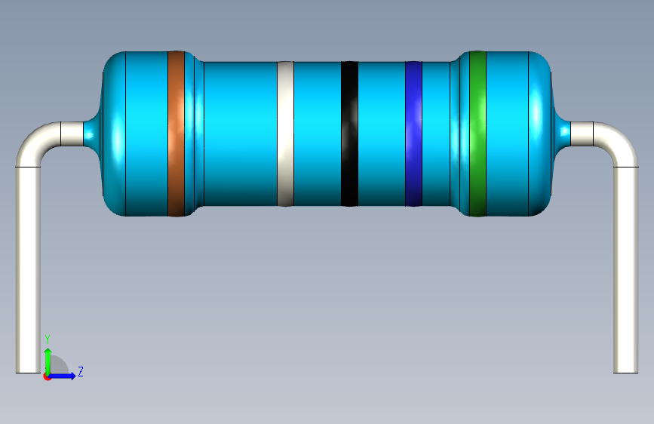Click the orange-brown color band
[x=176, y=134]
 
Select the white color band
[x=285, y=134]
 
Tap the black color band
[x=349, y=134]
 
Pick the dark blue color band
[x=413, y=134]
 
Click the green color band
[x=477, y=134]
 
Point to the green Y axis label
[x=48, y=339]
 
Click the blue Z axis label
[x=80, y=371]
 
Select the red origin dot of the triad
[x=48, y=376]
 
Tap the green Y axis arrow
[x=48, y=358]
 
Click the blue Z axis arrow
[x=66, y=376]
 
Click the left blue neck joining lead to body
[x=92, y=134]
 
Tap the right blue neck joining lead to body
[x=562, y=134]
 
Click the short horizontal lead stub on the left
[x=72, y=134]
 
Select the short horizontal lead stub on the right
[x=582, y=134]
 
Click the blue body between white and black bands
[x=317, y=134]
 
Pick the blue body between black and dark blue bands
[x=381, y=134]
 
